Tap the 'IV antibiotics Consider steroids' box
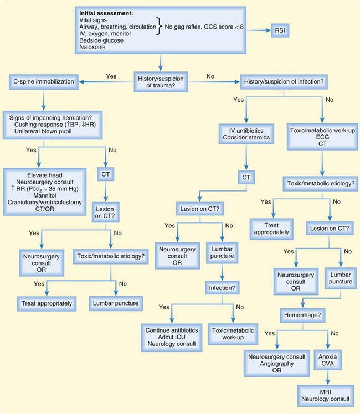click(x=245, y=133)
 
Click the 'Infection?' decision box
click(x=222, y=288)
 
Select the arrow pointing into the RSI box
click(x=261, y=30)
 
